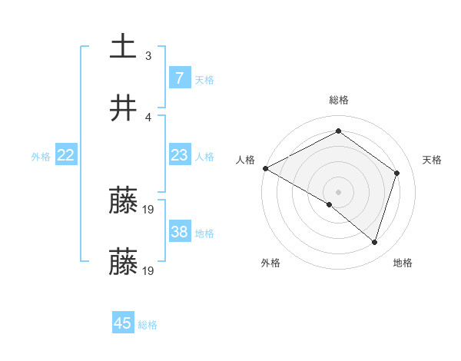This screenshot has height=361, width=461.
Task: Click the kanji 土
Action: (x=124, y=46)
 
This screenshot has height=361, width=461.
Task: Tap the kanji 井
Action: (x=124, y=108)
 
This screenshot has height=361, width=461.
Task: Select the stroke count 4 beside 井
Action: (x=148, y=117)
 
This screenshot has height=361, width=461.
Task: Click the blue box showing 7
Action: (x=180, y=78)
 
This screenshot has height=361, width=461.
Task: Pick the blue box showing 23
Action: (x=180, y=155)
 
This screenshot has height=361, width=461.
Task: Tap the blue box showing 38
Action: (x=180, y=232)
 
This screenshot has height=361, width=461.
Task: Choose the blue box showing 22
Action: (x=66, y=155)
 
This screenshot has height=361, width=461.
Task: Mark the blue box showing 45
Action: (x=123, y=323)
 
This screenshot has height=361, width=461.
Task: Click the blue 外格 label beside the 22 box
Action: (x=41, y=157)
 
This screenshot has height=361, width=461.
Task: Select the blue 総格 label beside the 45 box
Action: (x=148, y=325)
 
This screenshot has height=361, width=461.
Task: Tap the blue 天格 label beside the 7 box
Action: (x=204, y=79)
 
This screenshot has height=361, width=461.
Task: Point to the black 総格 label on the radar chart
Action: (x=339, y=100)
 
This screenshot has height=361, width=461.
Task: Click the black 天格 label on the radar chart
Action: (x=433, y=160)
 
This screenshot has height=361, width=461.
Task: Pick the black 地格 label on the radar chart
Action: (x=403, y=263)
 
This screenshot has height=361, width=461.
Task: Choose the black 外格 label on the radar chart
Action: (x=270, y=263)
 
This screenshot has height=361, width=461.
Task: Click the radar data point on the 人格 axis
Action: (x=265, y=168)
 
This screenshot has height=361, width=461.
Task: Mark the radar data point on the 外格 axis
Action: (x=330, y=204)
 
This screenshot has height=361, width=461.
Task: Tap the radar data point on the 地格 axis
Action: (x=375, y=243)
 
